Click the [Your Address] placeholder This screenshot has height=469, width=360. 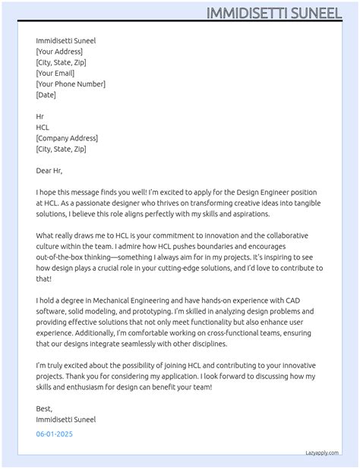coord(65,52)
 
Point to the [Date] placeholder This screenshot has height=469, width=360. coord(46,95)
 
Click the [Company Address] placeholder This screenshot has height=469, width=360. coord(67,138)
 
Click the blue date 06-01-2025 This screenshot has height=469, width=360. coord(55,434)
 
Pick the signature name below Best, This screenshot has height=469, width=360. coord(66,419)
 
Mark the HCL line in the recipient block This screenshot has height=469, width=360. coord(43,127)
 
